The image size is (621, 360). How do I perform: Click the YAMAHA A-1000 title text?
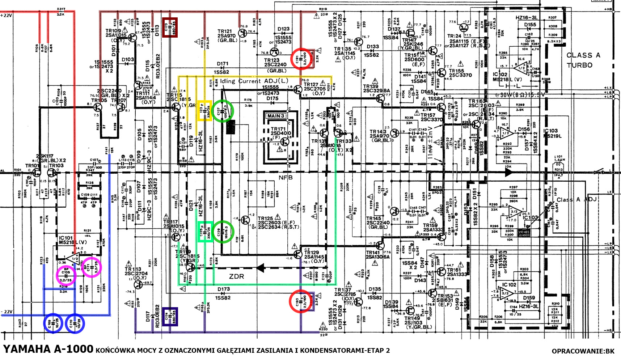click(x=48, y=349)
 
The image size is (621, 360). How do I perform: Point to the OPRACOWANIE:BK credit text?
click(x=583, y=351)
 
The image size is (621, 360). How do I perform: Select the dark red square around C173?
click(x=170, y=27)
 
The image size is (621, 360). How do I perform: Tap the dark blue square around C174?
click(x=170, y=317)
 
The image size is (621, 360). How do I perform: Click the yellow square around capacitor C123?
click(x=204, y=110)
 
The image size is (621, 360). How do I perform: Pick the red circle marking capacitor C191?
click(x=301, y=58)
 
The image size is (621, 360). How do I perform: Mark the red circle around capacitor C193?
click(x=300, y=301)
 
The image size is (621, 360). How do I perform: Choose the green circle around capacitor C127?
click(x=223, y=111)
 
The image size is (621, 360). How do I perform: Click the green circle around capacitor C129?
click(x=223, y=232)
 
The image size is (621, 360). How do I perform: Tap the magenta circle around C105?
click(x=66, y=276)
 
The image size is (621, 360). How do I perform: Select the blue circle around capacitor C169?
click(x=53, y=323)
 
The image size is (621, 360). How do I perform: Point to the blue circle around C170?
click(x=75, y=323)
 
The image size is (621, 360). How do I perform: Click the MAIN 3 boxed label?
click(x=276, y=116)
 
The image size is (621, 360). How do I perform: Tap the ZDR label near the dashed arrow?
click(x=236, y=276)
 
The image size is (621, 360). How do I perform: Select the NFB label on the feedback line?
click(x=285, y=178)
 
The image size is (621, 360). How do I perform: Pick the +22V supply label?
click(x=7, y=15)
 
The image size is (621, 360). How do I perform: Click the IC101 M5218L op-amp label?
click(x=72, y=240)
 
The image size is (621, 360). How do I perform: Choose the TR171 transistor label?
click(x=278, y=129)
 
